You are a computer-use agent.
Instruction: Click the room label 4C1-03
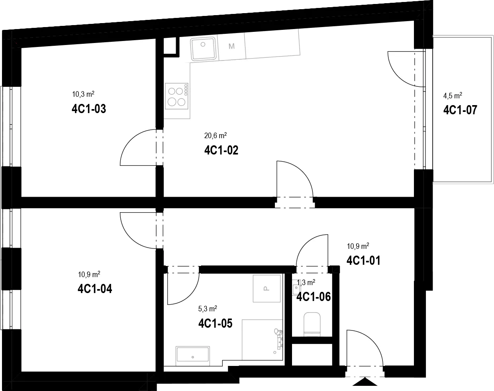[x=89, y=109]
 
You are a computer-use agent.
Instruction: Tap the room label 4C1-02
[x=221, y=151]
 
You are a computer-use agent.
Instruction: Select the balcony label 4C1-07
[x=460, y=110]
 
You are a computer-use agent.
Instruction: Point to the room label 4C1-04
[x=95, y=289]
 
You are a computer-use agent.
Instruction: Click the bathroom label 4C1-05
[x=215, y=323]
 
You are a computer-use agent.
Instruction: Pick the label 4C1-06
[x=314, y=297]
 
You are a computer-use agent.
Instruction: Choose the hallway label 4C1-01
[x=363, y=261]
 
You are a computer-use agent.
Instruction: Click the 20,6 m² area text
[x=216, y=135]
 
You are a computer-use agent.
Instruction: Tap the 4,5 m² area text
[x=453, y=96]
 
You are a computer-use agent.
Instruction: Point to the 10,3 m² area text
[x=83, y=94]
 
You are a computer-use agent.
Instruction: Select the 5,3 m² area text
[x=208, y=309]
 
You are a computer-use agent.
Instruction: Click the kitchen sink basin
[x=203, y=49]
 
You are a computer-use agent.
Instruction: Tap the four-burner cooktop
[x=176, y=96]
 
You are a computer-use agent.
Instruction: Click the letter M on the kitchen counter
[x=231, y=46]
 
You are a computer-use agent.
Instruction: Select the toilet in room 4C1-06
[x=312, y=324]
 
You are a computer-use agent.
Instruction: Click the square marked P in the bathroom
[x=267, y=288]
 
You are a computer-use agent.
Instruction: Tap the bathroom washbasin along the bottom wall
[x=193, y=356]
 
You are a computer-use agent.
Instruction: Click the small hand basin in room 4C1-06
[x=296, y=290]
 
